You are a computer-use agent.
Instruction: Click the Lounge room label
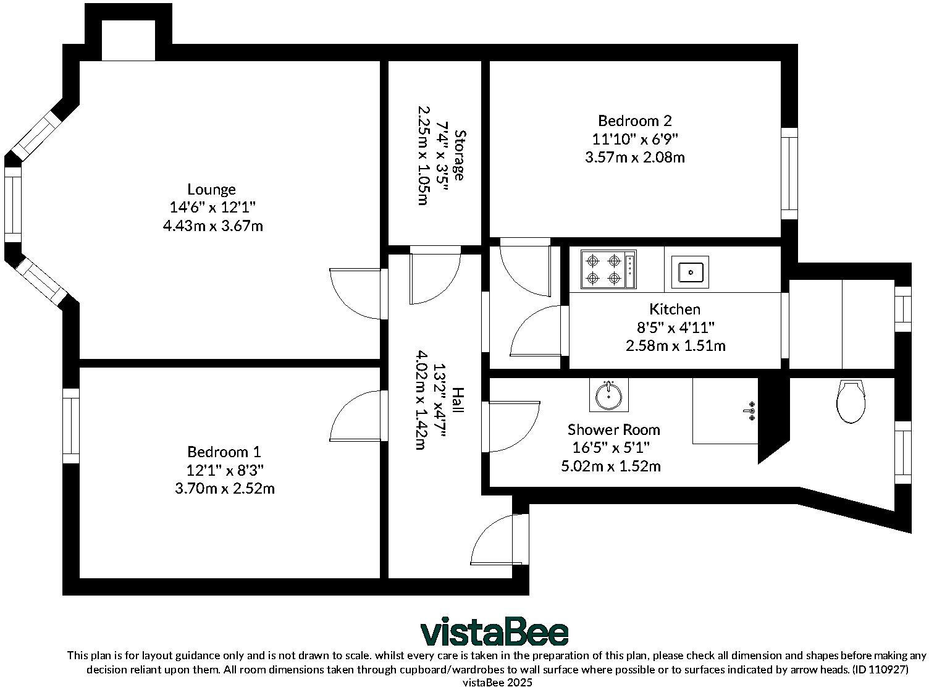pos(211,190)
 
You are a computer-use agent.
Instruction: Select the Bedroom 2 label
pos(634,120)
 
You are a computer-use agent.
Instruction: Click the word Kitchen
pos(675,309)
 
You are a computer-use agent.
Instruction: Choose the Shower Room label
pos(613,429)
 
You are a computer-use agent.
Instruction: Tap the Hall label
pos(458,400)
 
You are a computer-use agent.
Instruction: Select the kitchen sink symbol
pos(691,271)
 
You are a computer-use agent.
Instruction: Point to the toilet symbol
pos(851,401)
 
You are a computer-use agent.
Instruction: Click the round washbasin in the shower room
pos(608,395)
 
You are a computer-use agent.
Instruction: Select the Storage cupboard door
pos(434,276)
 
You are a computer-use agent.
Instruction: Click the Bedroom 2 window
pos(789,174)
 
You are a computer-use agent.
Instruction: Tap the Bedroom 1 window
pos(71,426)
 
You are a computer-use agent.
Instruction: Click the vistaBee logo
pos(494,633)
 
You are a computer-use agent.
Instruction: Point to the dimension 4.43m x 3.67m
pos(212,226)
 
